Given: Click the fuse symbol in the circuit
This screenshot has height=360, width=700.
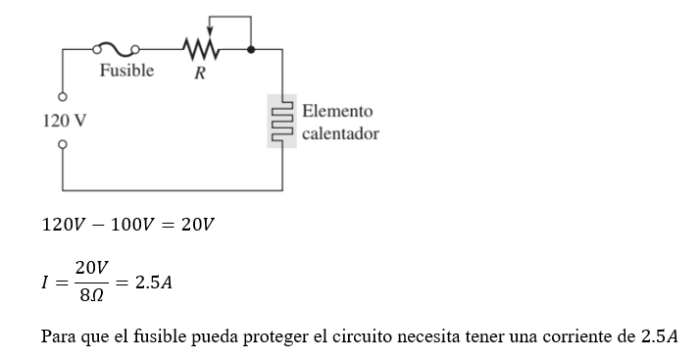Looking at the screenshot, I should pos(115,47).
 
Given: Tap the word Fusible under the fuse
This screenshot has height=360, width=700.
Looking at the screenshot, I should pos(125,71).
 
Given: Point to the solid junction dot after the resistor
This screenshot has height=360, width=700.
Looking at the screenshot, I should pos(252,47).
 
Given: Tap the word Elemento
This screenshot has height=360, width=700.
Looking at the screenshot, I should pos(337,112).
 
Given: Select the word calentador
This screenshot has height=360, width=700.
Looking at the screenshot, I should pos(340,132).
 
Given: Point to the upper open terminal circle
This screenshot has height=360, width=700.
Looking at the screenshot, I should pos(63,98).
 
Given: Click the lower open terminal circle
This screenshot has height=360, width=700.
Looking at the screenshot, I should pos(63,144).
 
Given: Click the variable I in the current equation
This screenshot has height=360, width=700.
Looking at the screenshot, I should pos(45,282).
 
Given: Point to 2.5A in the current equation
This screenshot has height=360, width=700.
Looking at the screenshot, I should pos(154,282).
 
